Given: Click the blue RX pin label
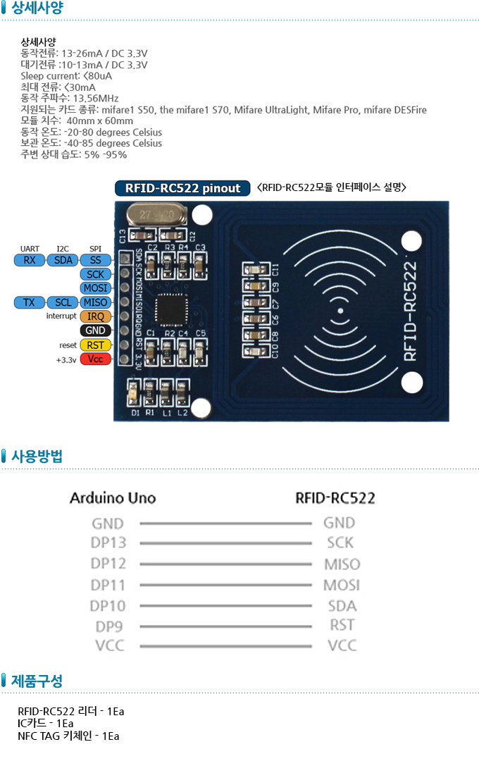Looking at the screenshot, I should click(x=30, y=260).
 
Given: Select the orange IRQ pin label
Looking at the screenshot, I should click(x=95, y=316).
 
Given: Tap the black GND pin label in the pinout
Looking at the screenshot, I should click(x=95, y=330).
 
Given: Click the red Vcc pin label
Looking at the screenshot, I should click(x=95, y=359).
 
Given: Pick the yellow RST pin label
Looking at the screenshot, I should click(x=95, y=345).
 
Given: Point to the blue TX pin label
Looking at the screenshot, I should click(x=30, y=302).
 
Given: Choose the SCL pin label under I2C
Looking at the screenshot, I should click(x=63, y=302).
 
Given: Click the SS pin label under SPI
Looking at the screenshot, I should click(x=95, y=260).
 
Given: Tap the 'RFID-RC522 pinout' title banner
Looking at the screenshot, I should click(x=182, y=188).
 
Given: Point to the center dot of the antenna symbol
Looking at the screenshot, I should click(x=340, y=311).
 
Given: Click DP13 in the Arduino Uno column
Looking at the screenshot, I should click(x=108, y=543).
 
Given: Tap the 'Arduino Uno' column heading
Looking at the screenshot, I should click(x=113, y=498).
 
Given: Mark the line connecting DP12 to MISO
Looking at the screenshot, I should click(x=225, y=564).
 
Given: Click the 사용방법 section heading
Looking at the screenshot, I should click(x=37, y=456).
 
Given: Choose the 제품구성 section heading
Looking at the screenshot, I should click(x=37, y=681).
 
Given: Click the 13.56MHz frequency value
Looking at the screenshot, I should click(x=96, y=98).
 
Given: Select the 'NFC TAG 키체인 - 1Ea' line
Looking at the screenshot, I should click(x=68, y=736).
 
